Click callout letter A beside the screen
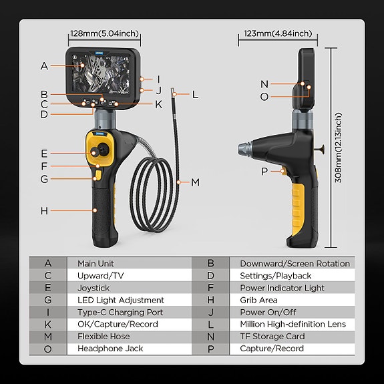44,66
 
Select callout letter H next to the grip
44,211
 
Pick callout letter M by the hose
195,182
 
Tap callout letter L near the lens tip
195,95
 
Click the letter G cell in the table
47,300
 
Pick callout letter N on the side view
264,84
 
